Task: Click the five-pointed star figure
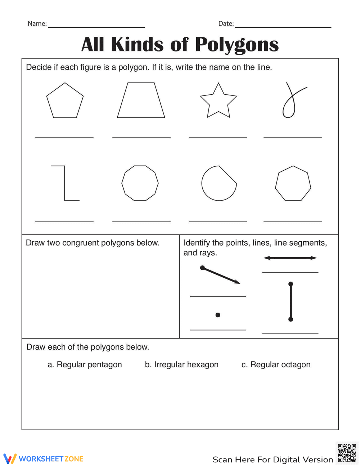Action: (x=218, y=101)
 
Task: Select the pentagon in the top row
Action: (x=65, y=101)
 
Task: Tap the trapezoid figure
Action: (x=141, y=101)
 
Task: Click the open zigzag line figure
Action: (x=65, y=183)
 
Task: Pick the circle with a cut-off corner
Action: (x=219, y=183)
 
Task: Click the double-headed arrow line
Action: (x=290, y=258)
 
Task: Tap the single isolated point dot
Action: (x=218, y=315)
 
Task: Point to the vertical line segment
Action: (x=291, y=302)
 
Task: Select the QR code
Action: (x=347, y=453)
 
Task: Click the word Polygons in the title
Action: (x=237, y=45)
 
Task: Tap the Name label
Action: (x=37, y=24)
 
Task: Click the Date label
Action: (x=226, y=24)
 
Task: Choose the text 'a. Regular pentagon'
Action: (x=85, y=365)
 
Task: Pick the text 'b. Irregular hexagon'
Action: (x=181, y=365)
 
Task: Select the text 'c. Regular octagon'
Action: (x=276, y=365)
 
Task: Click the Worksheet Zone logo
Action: (x=44, y=459)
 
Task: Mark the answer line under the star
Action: (x=218, y=137)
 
